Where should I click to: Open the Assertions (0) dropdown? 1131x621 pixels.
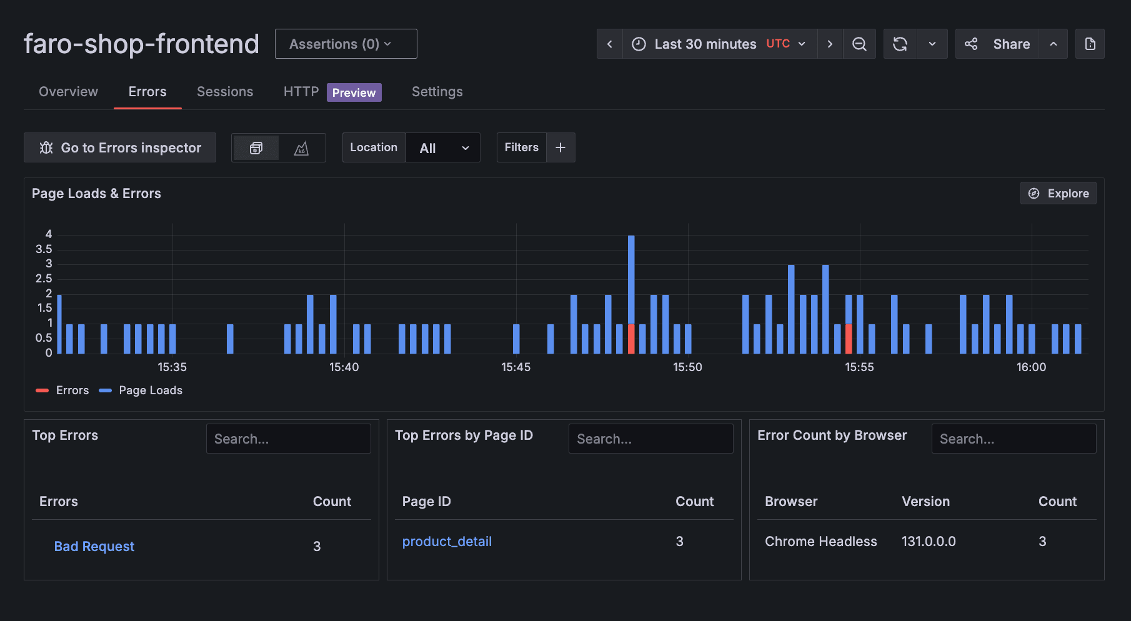point(346,44)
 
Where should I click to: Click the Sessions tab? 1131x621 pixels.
point(225,92)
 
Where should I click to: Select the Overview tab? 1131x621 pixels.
point(68,92)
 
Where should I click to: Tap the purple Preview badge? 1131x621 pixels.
point(354,92)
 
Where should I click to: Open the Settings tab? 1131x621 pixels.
point(437,92)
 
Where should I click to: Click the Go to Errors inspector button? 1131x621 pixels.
point(120,147)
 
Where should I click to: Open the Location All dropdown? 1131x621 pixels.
point(443,148)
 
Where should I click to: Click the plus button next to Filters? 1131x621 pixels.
point(561,147)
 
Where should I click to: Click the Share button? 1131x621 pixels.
point(998,44)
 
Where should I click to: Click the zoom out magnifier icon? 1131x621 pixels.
point(859,44)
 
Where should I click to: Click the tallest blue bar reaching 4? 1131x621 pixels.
point(631,275)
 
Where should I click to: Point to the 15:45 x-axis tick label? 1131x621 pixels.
point(516,367)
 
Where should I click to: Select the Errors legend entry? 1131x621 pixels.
point(63,390)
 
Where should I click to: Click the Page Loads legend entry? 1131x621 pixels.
point(141,390)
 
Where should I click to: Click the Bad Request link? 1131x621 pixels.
point(94,547)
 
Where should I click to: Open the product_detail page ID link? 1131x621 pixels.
point(447,542)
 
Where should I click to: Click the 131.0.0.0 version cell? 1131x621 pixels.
point(929,542)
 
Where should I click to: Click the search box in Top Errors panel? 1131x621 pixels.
point(288,439)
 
